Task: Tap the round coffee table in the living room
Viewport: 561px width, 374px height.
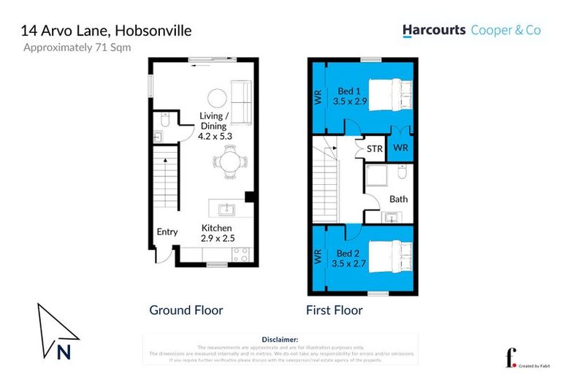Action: pyautogui.click(x=216, y=98)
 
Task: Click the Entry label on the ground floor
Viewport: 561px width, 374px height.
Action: pyautogui.click(x=167, y=232)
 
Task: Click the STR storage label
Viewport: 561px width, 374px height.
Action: pyautogui.click(x=374, y=149)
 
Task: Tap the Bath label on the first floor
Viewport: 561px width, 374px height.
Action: pyautogui.click(x=398, y=199)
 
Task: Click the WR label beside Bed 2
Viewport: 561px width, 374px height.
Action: pyautogui.click(x=318, y=257)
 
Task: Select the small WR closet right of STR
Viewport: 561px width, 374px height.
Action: pyautogui.click(x=401, y=148)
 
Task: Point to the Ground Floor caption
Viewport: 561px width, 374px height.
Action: pyautogui.click(x=186, y=310)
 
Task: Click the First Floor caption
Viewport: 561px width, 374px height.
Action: pyautogui.click(x=334, y=310)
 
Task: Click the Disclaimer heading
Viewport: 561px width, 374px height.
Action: pyautogui.click(x=280, y=340)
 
